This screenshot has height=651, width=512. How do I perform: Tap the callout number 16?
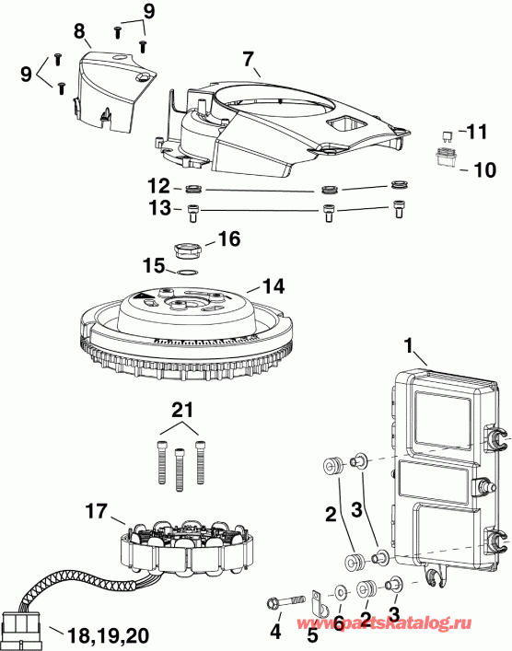229,238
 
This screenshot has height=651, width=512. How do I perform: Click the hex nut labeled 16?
187,249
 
